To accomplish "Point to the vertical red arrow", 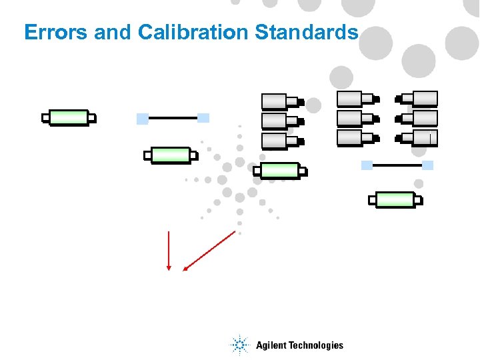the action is pyautogui.click(x=169, y=250).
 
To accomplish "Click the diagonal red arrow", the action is pyautogui.click(x=209, y=250).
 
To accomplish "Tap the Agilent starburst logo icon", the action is pyautogui.click(x=239, y=345).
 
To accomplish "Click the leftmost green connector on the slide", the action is pyautogui.click(x=69, y=118).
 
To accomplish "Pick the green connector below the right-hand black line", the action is pyautogui.click(x=395, y=199).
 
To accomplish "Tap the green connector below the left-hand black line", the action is pyautogui.click(x=171, y=155).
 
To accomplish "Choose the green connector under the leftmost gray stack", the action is pyautogui.click(x=280, y=171).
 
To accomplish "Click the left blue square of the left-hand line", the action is pyautogui.click(x=142, y=119).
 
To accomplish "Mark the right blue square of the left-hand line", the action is pyautogui.click(x=203, y=118).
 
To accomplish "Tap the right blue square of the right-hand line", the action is pyautogui.click(x=428, y=165).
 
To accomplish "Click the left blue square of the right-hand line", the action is pyautogui.click(x=367, y=165).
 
